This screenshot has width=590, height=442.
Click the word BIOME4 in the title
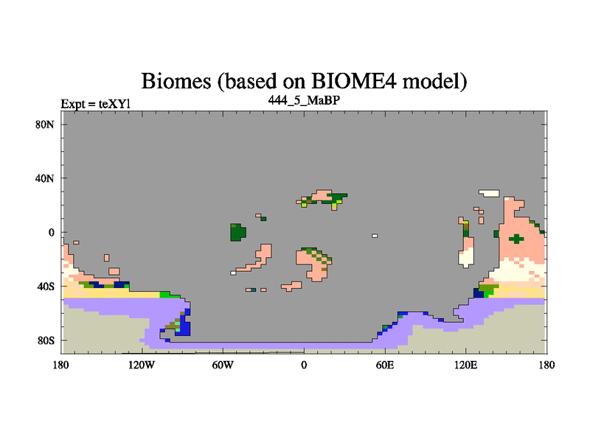tap(354, 81)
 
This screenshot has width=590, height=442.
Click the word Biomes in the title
tap(176, 81)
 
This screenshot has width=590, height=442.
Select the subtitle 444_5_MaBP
tap(304, 100)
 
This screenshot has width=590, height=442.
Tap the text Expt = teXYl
tap(96, 104)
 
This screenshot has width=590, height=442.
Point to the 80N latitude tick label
tap(45, 124)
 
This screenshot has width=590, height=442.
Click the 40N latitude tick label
tap(45, 178)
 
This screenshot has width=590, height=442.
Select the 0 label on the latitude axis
tap(51, 233)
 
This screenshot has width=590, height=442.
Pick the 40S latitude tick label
tap(45, 287)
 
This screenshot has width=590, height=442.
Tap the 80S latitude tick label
tap(45, 340)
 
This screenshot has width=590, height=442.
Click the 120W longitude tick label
tap(142, 365)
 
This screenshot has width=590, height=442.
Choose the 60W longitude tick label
tap(223, 365)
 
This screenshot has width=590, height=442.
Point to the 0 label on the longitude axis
tap(304, 365)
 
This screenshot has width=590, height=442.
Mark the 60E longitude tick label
tap(385, 365)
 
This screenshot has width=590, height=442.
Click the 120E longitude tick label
tap(466, 365)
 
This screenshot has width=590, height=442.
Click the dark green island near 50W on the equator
tap(237, 232)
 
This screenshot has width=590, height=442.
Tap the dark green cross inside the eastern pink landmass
tap(516, 239)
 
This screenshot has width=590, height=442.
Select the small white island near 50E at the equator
tap(375, 236)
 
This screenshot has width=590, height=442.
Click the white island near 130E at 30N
tap(489, 193)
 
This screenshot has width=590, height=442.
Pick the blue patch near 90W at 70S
tap(184, 323)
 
